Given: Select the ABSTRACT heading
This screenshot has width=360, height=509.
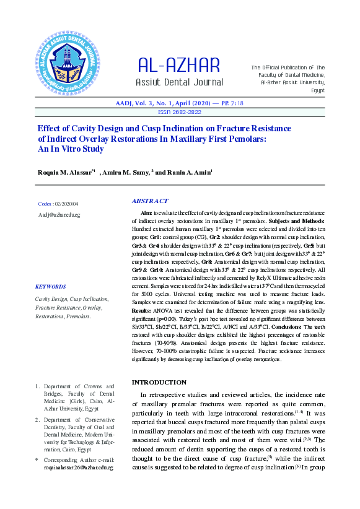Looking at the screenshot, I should click(150, 201).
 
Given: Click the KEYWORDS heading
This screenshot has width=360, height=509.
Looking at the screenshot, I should click(51, 287).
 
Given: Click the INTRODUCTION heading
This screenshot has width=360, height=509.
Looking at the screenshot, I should click(159, 382).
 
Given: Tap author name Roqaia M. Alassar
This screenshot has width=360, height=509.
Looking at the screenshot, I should click(64, 172).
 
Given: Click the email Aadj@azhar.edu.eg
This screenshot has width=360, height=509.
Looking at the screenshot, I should click(59, 214).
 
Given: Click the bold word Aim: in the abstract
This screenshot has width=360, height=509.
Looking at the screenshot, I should click(147, 212).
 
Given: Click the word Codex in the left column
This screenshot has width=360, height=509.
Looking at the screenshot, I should click(45, 203).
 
